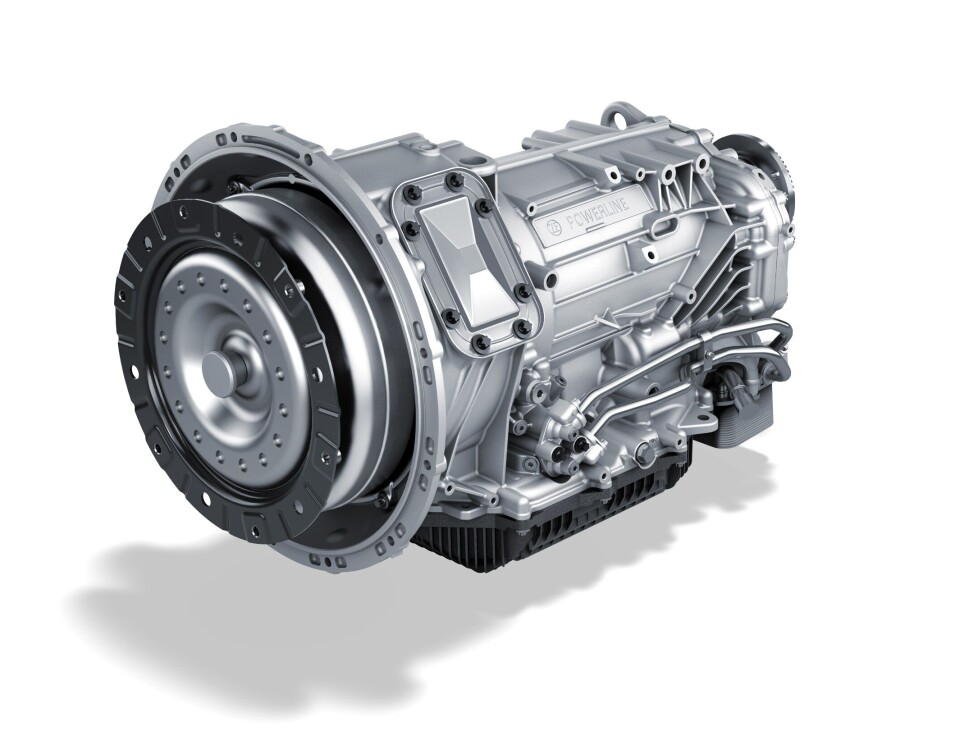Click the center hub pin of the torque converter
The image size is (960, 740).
point(220,368)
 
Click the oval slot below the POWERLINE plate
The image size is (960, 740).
point(661,234)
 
